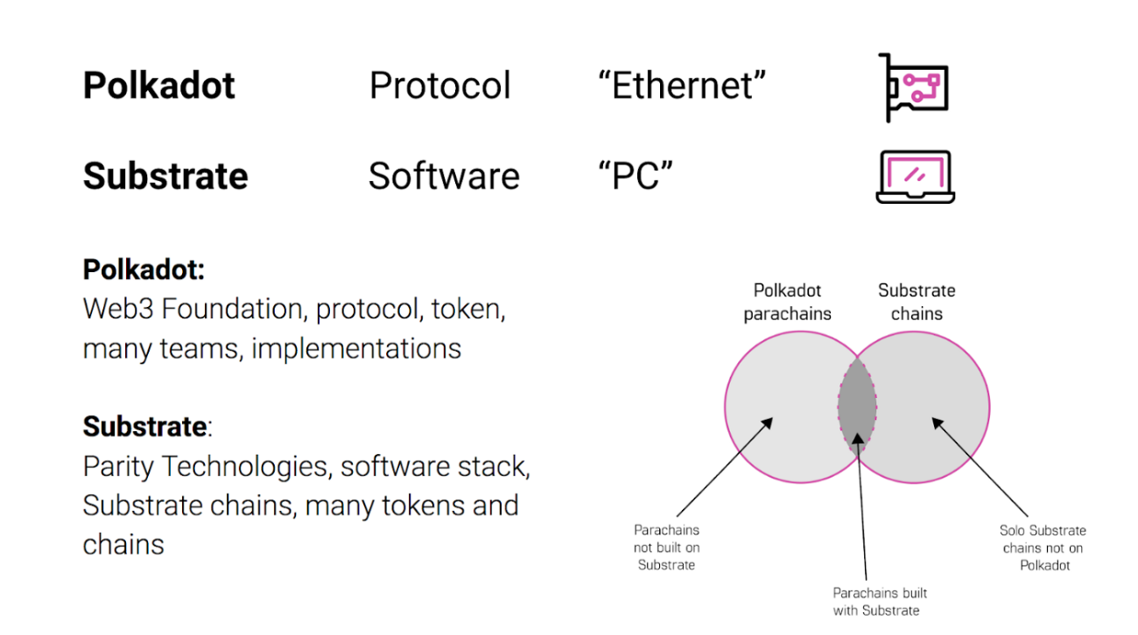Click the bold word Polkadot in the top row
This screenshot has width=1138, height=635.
pyautogui.click(x=158, y=86)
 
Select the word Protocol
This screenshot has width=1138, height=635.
pyautogui.click(x=439, y=86)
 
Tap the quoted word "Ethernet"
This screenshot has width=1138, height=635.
pyautogui.click(x=682, y=86)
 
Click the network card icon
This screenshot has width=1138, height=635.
pyautogui.click(x=914, y=87)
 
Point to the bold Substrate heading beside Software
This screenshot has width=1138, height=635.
pyautogui.click(x=165, y=176)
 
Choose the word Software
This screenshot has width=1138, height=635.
pyautogui.click(x=444, y=176)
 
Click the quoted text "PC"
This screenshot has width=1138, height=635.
pyautogui.click(x=636, y=176)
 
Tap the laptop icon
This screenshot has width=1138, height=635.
pyautogui.click(x=915, y=177)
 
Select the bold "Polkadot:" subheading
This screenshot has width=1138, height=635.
pyautogui.click(x=144, y=269)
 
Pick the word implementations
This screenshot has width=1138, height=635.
pyautogui.click(x=356, y=348)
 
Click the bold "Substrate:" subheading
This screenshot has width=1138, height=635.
pyautogui.click(x=148, y=427)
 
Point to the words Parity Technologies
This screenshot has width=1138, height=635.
pyautogui.click(x=206, y=466)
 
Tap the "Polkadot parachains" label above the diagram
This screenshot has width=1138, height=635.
pyautogui.click(x=787, y=302)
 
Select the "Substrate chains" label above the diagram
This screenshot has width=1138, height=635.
pyautogui.click(x=917, y=302)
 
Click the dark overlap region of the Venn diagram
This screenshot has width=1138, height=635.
pyautogui.click(x=857, y=406)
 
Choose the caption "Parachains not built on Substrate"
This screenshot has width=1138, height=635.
pyautogui.click(x=666, y=548)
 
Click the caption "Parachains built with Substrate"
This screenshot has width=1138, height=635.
pyautogui.click(x=879, y=602)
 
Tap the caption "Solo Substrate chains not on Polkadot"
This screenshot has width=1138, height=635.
pyautogui.click(x=1043, y=548)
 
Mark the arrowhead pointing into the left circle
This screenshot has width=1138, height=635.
pyautogui.click(x=770, y=422)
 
